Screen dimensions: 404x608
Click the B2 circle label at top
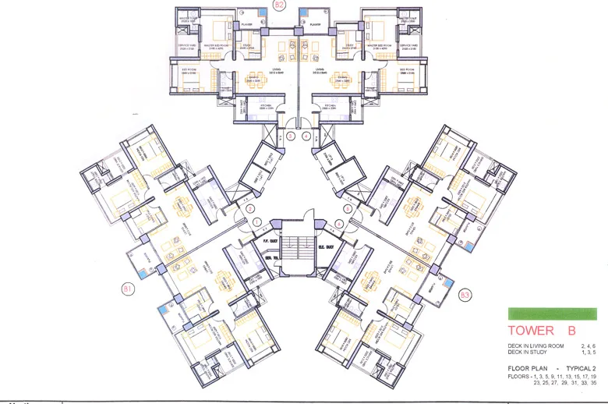tap(279, 5)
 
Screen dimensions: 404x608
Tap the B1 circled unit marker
tap(128, 289)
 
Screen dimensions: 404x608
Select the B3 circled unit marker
tap(465, 294)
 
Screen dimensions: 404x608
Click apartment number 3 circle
tap(290, 136)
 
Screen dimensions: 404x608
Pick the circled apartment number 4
tap(306, 136)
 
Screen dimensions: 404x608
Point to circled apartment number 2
tap(250, 209)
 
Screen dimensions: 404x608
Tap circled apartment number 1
tap(257, 223)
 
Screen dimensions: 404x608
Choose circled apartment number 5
tap(346, 209)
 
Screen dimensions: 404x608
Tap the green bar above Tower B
tap(552, 314)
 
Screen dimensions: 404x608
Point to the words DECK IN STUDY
tap(524, 351)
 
